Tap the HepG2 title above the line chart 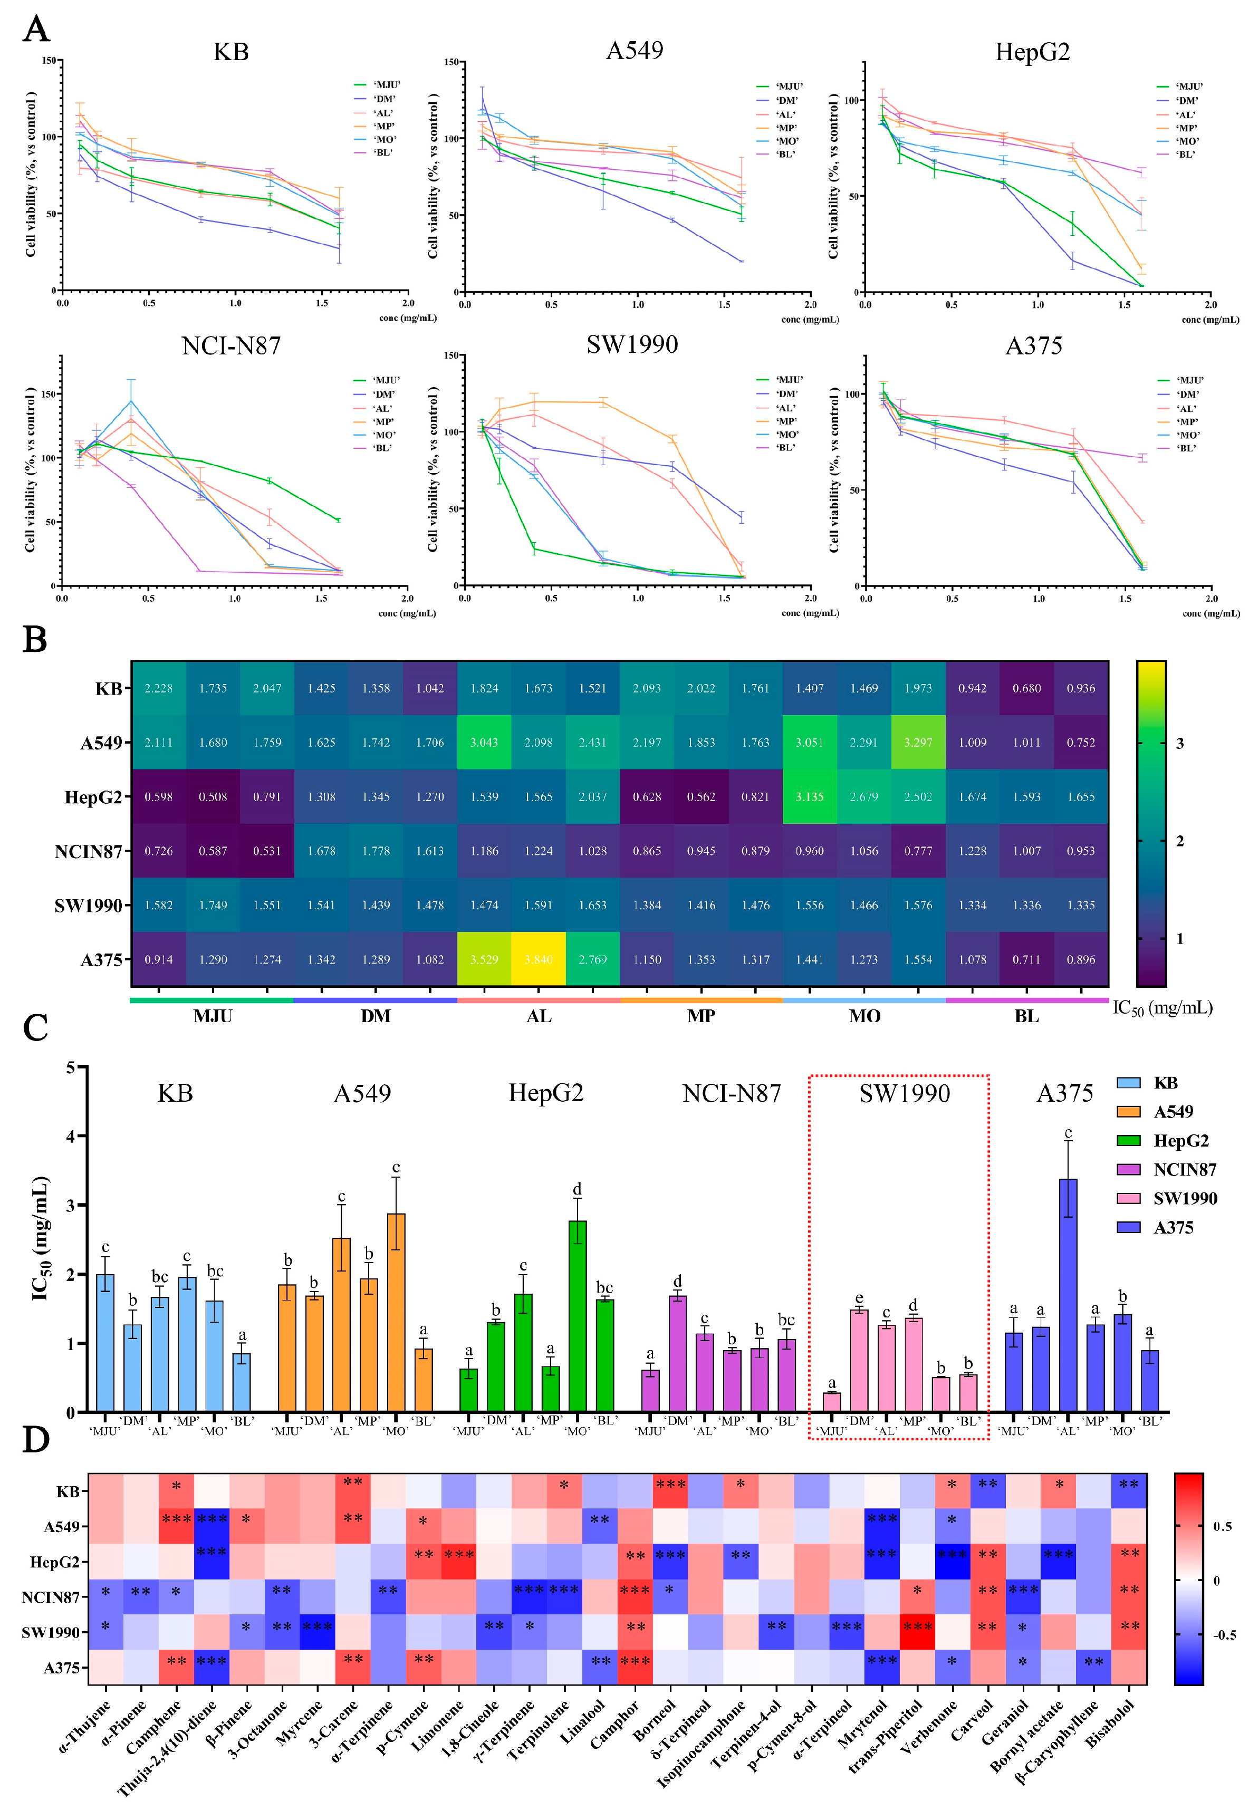pyautogui.click(x=1032, y=52)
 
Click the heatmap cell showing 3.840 pyautogui.click(x=539, y=959)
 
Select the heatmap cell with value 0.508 pyautogui.click(x=213, y=796)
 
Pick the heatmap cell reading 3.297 pyautogui.click(x=918, y=743)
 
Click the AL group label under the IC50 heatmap pyautogui.click(x=539, y=1016)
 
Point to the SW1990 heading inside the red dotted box pyautogui.click(x=904, y=1093)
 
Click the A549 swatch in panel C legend pyautogui.click(x=1128, y=1112)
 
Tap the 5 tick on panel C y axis pyautogui.click(x=71, y=1067)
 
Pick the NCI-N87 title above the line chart pyautogui.click(x=231, y=346)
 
